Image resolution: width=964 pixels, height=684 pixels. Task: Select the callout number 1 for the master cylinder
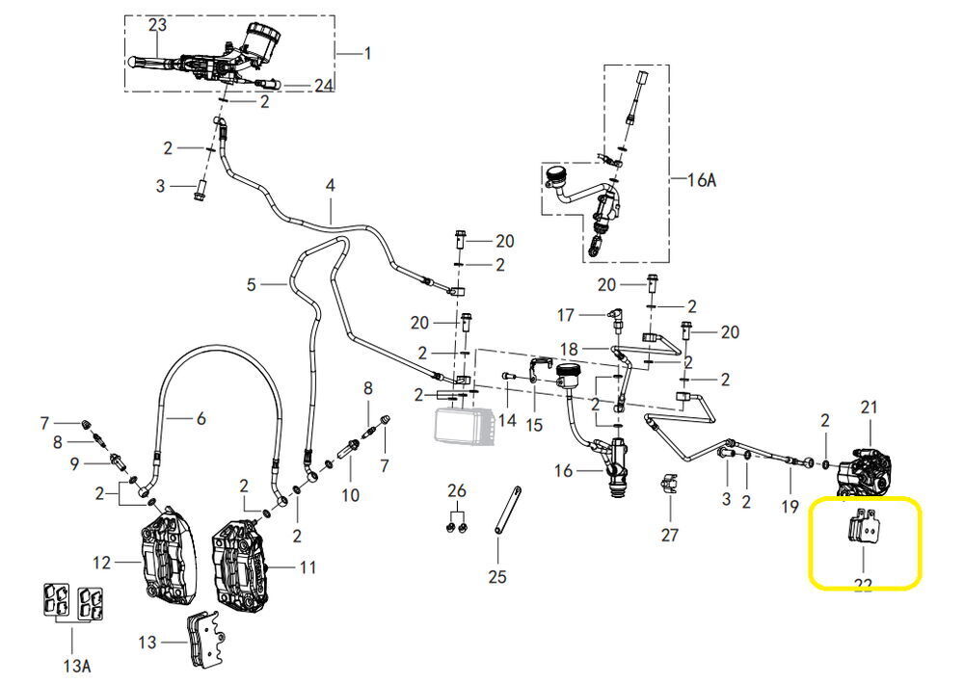tap(366, 53)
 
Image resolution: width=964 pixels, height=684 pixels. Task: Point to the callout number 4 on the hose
tap(330, 185)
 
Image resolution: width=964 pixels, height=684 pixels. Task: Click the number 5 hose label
tap(252, 284)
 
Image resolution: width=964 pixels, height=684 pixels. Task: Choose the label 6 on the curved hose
tap(201, 418)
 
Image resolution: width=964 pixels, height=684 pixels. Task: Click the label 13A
tap(73, 665)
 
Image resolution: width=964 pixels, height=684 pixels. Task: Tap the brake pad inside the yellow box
tap(862, 530)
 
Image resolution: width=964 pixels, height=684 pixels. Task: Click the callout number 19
tap(790, 506)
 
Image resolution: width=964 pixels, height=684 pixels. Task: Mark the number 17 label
tap(566, 315)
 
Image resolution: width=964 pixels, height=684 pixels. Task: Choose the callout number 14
tap(507, 420)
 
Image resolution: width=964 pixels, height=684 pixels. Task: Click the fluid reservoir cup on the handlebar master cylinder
tap(261, 36)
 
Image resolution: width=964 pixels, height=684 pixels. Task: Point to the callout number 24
tap(323, 86)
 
